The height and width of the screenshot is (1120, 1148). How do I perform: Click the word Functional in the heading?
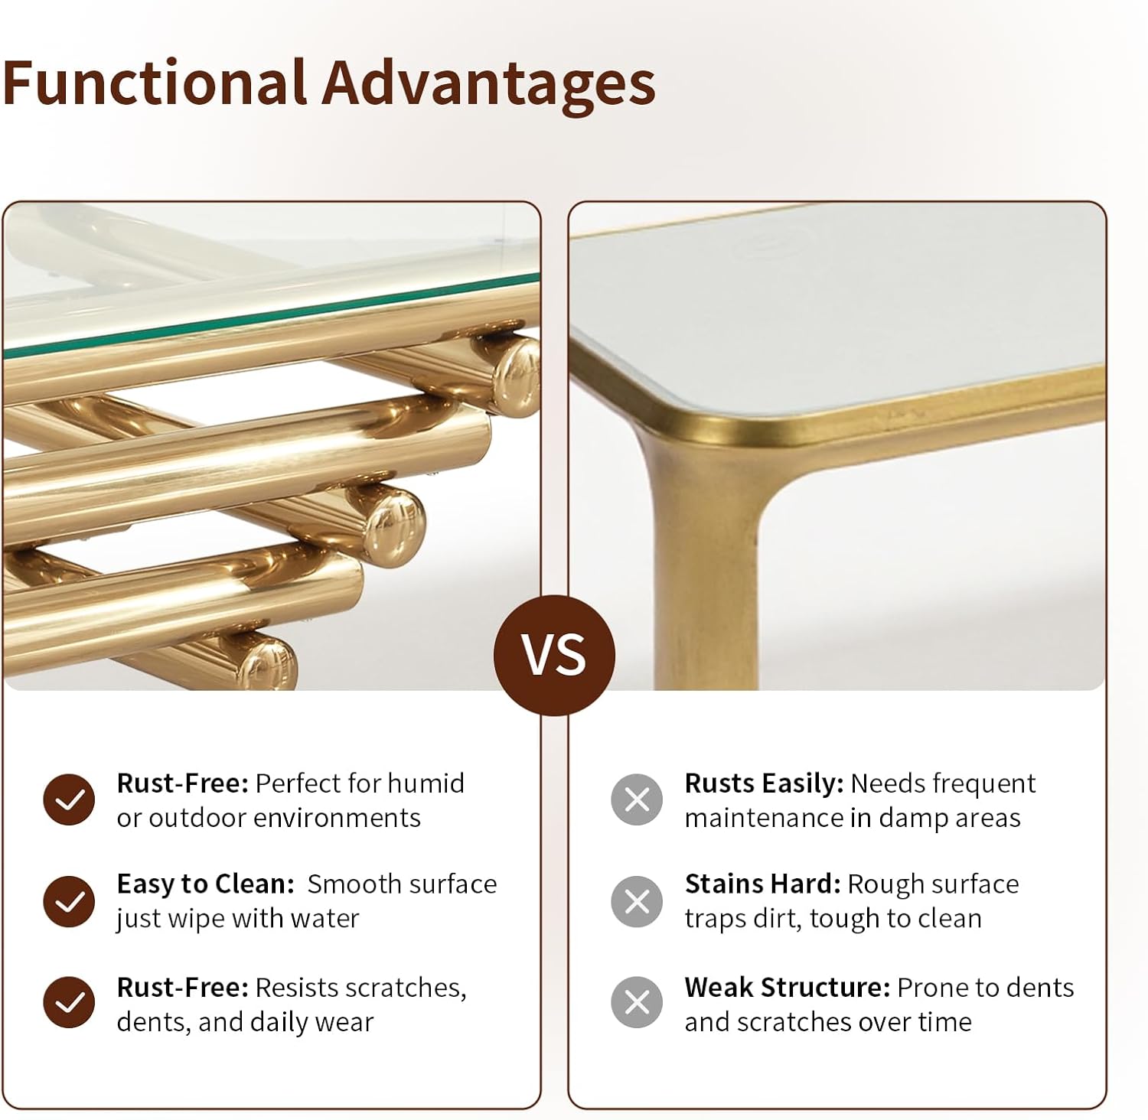click(x=153, y=83)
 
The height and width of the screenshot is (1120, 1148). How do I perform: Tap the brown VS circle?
click(x=554, y=655)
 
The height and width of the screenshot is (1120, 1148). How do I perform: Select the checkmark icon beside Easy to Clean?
click(x=69, y=901)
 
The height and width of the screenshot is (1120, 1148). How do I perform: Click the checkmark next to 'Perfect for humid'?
click(x=69, y=800)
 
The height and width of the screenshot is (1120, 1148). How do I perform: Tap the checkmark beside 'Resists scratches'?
click(x=69, y=1002)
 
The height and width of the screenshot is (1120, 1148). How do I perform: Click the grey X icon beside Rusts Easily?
click(x=637, y=800)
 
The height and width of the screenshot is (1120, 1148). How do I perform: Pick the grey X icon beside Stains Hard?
click(x=637, y=901)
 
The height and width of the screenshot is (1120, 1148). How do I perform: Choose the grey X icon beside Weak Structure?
click(x=637, y=1002)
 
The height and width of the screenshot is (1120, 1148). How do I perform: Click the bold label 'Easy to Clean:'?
click(x=205, y=884)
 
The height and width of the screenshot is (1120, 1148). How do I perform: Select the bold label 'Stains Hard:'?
click(x=763, y=884)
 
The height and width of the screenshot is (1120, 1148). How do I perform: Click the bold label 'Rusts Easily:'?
click(x=764, y=784)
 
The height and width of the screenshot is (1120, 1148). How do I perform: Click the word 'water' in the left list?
click(x=325, y=918)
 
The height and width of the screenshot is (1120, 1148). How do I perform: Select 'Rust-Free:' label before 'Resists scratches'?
click(x=182, y=988)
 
